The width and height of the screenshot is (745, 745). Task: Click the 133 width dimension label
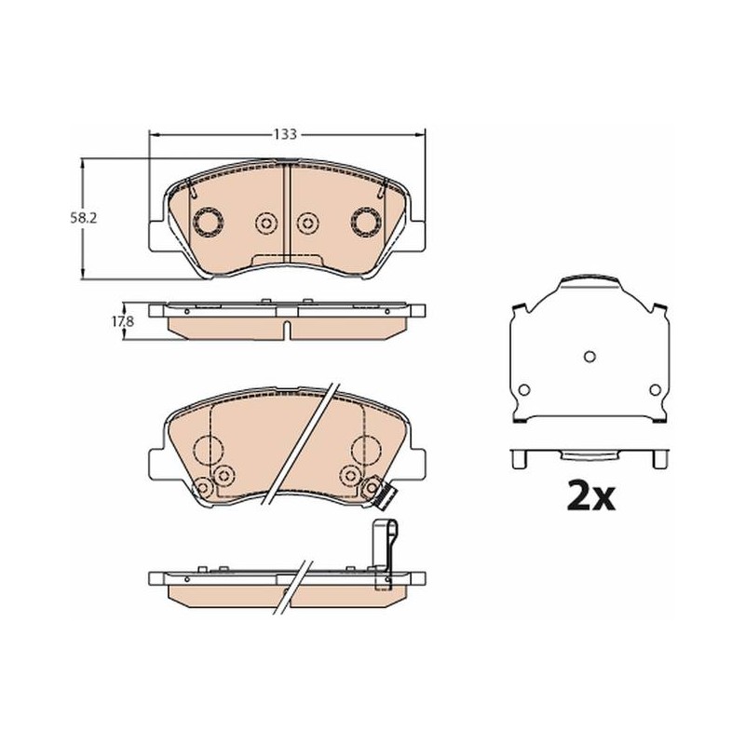click(x=285, y=134)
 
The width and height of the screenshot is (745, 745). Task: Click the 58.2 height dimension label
click(x=85, y=219)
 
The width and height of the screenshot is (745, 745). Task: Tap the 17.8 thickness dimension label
click(x=123, y=321)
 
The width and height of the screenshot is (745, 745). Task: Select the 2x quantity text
click(x=590, y=496)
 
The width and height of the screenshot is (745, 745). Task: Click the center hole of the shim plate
click(x=589, y=357)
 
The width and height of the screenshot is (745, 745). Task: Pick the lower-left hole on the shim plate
click(x=523, y=390)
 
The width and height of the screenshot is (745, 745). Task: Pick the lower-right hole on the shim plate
click(x=656, y=390)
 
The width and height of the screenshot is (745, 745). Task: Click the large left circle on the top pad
click(x=209, y=222)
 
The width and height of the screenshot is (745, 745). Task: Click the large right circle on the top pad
click(x=366, y=222)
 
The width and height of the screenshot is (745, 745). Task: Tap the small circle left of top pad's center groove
click(x=266, y=223)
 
